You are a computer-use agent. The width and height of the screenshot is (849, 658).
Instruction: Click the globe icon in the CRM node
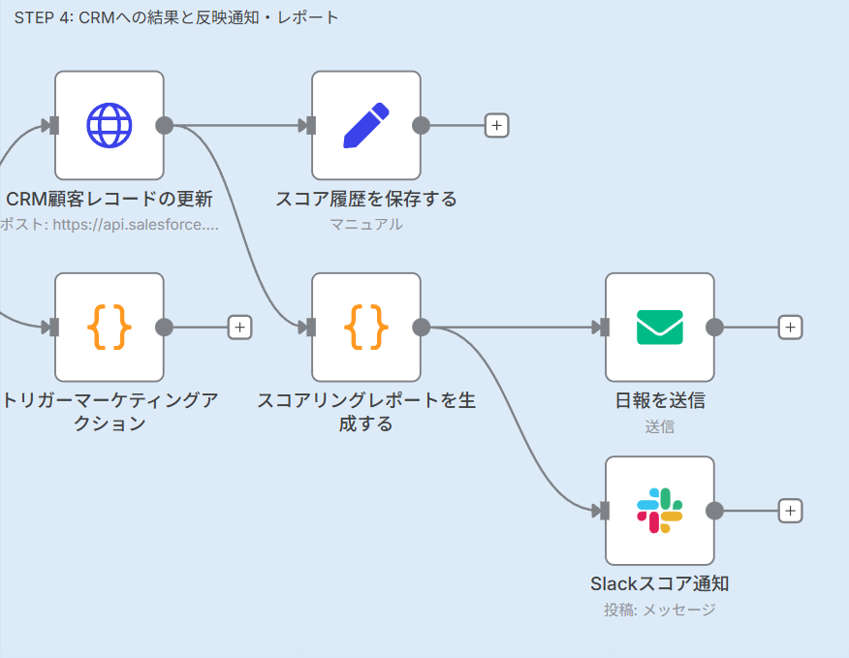(x=109, y=125)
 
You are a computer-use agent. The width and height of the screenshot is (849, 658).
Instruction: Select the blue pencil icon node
(x=366, y=125)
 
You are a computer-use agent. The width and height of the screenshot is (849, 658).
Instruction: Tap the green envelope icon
(x=659, y=327)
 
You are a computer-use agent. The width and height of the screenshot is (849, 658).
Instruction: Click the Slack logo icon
(x=659, y=511)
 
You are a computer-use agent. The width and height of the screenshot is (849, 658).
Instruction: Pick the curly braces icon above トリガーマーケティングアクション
(x=109, y=327)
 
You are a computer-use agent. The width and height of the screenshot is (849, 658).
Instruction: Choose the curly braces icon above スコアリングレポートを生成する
(x=366, y=327)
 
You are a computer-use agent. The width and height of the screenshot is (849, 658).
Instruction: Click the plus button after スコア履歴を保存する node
(x=496, y=125)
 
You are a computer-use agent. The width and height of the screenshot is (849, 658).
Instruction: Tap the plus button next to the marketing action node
(x=239, y=327)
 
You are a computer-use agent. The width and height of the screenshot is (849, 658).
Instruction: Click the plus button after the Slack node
(x=790, y=511)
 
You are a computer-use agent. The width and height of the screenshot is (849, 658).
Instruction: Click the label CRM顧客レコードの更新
(x=109, y=200)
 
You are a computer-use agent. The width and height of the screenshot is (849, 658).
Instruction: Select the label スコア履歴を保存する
(x=366, y=200)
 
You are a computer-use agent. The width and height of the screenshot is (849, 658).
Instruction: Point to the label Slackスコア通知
(x=659, y=584)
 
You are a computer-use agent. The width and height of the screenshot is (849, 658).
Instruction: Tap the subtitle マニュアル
(x=366, y=225)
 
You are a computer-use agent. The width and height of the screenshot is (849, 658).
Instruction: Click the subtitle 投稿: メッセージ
(x=659, y=610)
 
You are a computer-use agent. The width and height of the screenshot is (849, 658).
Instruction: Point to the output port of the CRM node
(x=164, y=125)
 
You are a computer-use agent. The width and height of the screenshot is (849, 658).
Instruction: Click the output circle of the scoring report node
(x=422, y=327)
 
